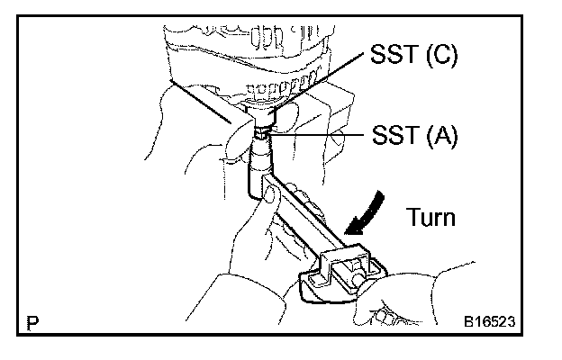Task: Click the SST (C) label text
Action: (x=412, y=57)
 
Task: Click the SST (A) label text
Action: (x=413, y=136)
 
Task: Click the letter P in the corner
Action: (x=33, y=319)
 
